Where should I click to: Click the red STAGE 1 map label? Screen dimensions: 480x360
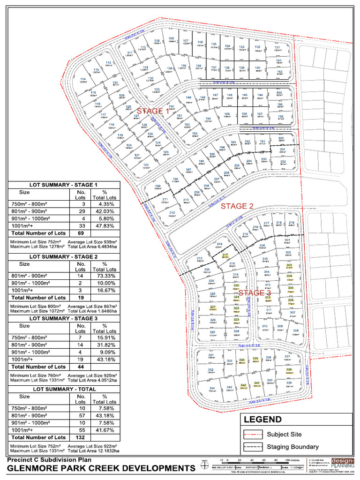(x=153, y=112)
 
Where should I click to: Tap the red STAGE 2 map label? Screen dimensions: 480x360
(x=237, y=206)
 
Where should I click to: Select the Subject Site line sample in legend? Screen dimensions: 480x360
(x=253, y=435)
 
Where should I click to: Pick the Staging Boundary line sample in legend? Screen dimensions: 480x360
(x=253, y=447)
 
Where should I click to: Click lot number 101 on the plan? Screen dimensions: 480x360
(x=277, y=48)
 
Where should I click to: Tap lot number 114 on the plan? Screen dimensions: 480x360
(x=83, y=79)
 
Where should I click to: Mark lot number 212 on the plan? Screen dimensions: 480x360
(x=172, y=213)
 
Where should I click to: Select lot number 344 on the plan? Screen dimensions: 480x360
(x=212, y=389)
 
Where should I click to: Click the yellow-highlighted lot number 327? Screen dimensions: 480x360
(x=212, y=307)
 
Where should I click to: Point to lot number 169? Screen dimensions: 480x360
(x=157, y=187)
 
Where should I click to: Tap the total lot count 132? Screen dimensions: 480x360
(x=81, y=437)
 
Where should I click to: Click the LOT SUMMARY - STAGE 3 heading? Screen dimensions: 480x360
(x=64, y=319)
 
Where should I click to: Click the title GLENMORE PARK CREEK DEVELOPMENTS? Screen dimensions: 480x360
(x=101, y=469)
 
